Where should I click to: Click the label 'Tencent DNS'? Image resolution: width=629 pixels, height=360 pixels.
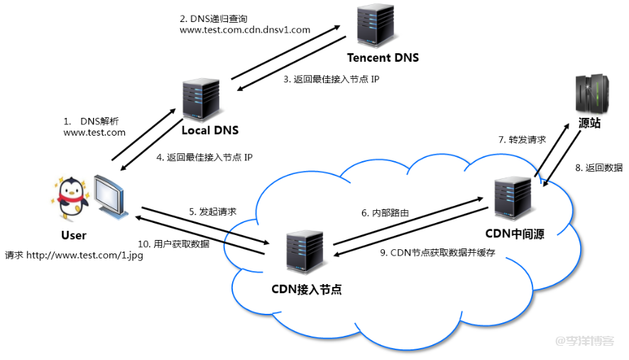[x=383, y=58]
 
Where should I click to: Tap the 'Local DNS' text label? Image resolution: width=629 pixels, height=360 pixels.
[x=209, y=130]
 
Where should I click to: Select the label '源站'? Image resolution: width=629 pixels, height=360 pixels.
[x=589, y=124]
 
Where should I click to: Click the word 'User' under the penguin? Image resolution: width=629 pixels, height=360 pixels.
[x=74, y=235]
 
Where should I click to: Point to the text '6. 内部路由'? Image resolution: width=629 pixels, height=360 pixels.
[x=385, y=212]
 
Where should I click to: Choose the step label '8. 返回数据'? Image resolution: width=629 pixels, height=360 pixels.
[x=599, y=168]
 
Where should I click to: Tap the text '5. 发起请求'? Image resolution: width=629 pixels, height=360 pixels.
[x=212, y=212]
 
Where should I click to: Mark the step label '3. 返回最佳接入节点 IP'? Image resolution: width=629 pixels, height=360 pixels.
[x=332, y=80]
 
